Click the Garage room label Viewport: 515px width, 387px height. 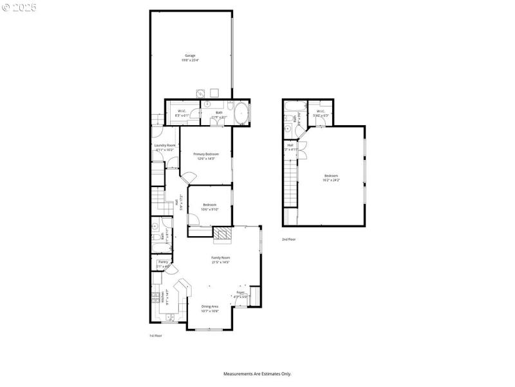click(x=191, y=58)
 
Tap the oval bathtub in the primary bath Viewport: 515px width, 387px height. click(x=241, y=112)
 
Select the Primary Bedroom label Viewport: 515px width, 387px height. click(x=206, y=156)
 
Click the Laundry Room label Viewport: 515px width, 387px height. click(x=165, y=147)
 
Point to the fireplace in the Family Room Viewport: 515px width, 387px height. click(x=222, y=235)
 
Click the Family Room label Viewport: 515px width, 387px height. click(x=221, y=260)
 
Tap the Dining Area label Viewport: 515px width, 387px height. click(x=210, y=308)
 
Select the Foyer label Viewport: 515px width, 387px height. click(x=241, y=294)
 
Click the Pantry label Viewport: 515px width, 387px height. click(x=163, y=263)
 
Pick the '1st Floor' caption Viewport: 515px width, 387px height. click(x=155, y=336)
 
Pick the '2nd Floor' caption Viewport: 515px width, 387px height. click(x=289, y=239)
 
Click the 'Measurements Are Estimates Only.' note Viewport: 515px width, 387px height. click(x=257, y=373)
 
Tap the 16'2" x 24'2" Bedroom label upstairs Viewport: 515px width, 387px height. click(x=331, y=177)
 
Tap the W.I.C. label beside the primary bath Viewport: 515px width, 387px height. click(x=182, y=114)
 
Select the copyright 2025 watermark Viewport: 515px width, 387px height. click(x=19, y=7)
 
